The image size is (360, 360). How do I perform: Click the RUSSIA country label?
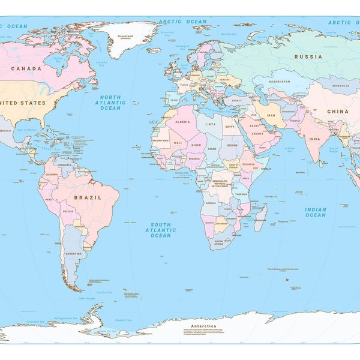click(308, 57)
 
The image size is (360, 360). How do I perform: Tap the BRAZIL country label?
click(88, 197)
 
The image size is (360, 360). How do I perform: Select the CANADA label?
click(27, 68)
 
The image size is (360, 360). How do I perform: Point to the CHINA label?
click(338, 111)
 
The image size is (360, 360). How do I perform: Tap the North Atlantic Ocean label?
click(110, 103)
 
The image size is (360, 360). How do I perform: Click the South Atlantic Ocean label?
click(160, 230)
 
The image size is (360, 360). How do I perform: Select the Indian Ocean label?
click(315, 212)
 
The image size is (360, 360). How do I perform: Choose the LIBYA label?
click(210, 124)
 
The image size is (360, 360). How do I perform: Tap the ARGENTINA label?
click(73, 254)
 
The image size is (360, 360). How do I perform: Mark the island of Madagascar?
click(260, 217)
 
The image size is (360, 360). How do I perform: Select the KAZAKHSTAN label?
click(280, 81)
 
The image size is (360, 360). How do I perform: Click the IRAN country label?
click(271, 115)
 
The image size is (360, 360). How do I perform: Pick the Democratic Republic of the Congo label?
click(224, 184)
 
